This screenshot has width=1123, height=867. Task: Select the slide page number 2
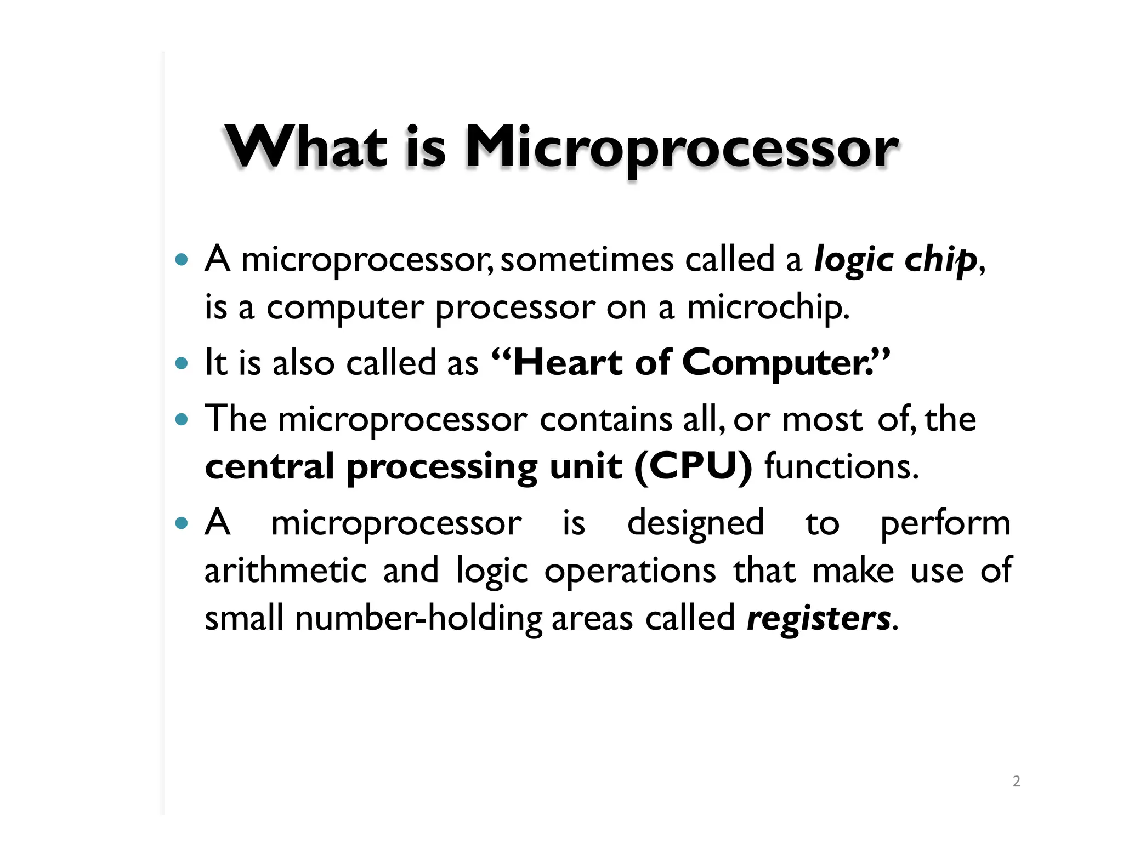click(x=1016, y=781)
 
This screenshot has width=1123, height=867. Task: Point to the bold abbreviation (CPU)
click(x=693, y=466)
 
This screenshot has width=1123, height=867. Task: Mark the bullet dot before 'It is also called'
click(x=181, y=363)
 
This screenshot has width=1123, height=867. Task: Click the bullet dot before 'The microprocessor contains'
click(x=181, y=420)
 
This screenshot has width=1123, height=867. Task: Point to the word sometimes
click(x=587, y=259)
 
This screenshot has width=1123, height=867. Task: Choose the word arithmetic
click(x=285, y=571)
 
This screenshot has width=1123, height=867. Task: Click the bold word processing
click(x=442, y=467)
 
